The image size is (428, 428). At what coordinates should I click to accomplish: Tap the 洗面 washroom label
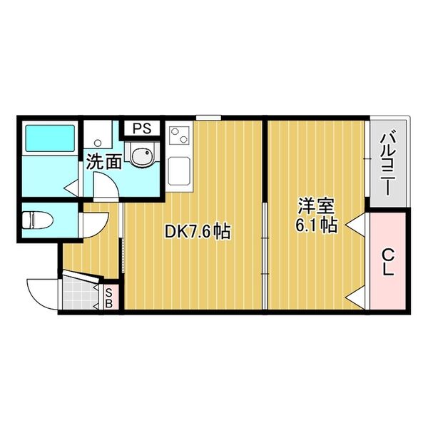tap(103, 162)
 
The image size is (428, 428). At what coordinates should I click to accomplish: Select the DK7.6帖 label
tap(197, 231)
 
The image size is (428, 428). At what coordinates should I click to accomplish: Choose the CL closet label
tap(388, 262)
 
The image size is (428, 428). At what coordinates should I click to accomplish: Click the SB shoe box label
tap(110, 296)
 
